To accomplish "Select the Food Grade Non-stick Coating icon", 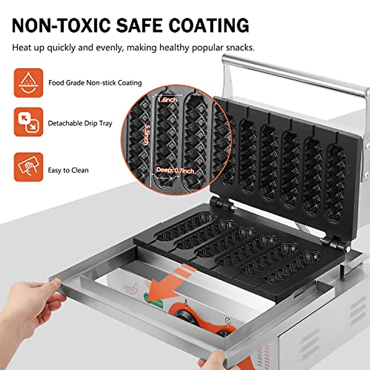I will [x=28, y=83].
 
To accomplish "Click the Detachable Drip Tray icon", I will [x=28, y=122].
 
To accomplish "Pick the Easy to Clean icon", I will [x=28, y=167].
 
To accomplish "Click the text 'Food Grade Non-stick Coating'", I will [x=95, y=83].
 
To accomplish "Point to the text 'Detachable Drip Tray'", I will [x=80, y=123].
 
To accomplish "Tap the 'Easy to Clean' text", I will [x=68, y=170].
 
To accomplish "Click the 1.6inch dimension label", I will [x=167, y=100].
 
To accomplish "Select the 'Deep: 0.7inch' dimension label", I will [x=175, y=170].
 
